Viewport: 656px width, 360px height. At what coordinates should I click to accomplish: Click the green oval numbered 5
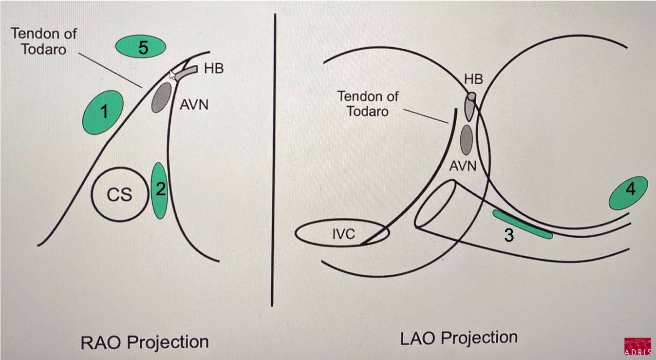[141, 47]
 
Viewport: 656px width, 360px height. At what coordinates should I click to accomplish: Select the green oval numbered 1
[103, 113]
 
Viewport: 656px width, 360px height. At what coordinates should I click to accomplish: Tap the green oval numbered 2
[159, 190]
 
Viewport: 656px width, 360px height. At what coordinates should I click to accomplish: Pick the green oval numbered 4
[629, 193]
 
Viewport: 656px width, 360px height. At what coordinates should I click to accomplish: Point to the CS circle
[120, 195]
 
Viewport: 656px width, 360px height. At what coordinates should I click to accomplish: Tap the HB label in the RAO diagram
[213, 68]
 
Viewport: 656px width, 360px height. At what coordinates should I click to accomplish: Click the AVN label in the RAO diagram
[193, 104]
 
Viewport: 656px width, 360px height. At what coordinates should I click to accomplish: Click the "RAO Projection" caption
[144, 341]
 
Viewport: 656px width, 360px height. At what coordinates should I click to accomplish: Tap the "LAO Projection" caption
[459, 338]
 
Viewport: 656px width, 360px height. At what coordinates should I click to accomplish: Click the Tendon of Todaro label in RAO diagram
[44, 41]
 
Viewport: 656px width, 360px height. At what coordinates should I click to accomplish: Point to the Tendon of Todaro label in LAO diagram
[368, 103]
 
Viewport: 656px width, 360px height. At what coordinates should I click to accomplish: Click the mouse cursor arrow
[172, 75]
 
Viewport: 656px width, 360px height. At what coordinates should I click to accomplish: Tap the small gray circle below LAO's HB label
[471, 96]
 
